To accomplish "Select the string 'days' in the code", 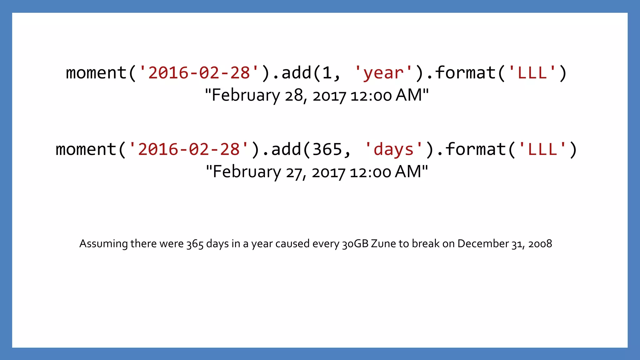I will [x=393, y=149].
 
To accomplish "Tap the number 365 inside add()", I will [x=327, y=149].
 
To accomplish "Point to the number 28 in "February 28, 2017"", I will [x=294, y=95].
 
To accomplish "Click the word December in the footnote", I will [x=483, y=244].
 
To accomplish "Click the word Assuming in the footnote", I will [x=103, y=244].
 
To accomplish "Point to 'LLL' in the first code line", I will [x=532, y=73].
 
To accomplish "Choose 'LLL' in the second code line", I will [x=542, y=149].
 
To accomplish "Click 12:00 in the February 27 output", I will [x=370, y=172].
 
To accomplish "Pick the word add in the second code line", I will [x=286, y=149].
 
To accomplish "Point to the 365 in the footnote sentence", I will [x=195, y=244].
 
